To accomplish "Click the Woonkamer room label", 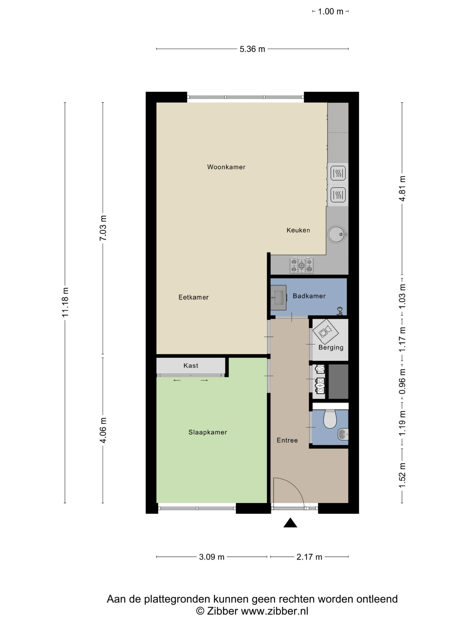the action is (x=226, y=167).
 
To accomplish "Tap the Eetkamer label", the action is (x=193, y=297).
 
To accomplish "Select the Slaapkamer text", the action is (x=208, y=432).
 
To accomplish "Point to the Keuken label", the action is (x=298, y=230).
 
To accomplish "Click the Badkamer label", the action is (x=309, y=296).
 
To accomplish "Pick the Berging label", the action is (x=331, y=348).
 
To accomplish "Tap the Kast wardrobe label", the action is (x=191, y=366).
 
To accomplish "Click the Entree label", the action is (x=287, y=440).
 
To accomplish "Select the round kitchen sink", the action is (x=337, y=234).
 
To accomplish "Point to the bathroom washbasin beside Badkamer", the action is (x=278, y=298).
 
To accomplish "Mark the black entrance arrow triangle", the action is (x=290, y=523).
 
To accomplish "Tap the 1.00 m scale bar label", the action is (x=331, y=11).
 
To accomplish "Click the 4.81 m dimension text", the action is (x=403, y=188).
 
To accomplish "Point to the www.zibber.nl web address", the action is (x=274, y=611).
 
